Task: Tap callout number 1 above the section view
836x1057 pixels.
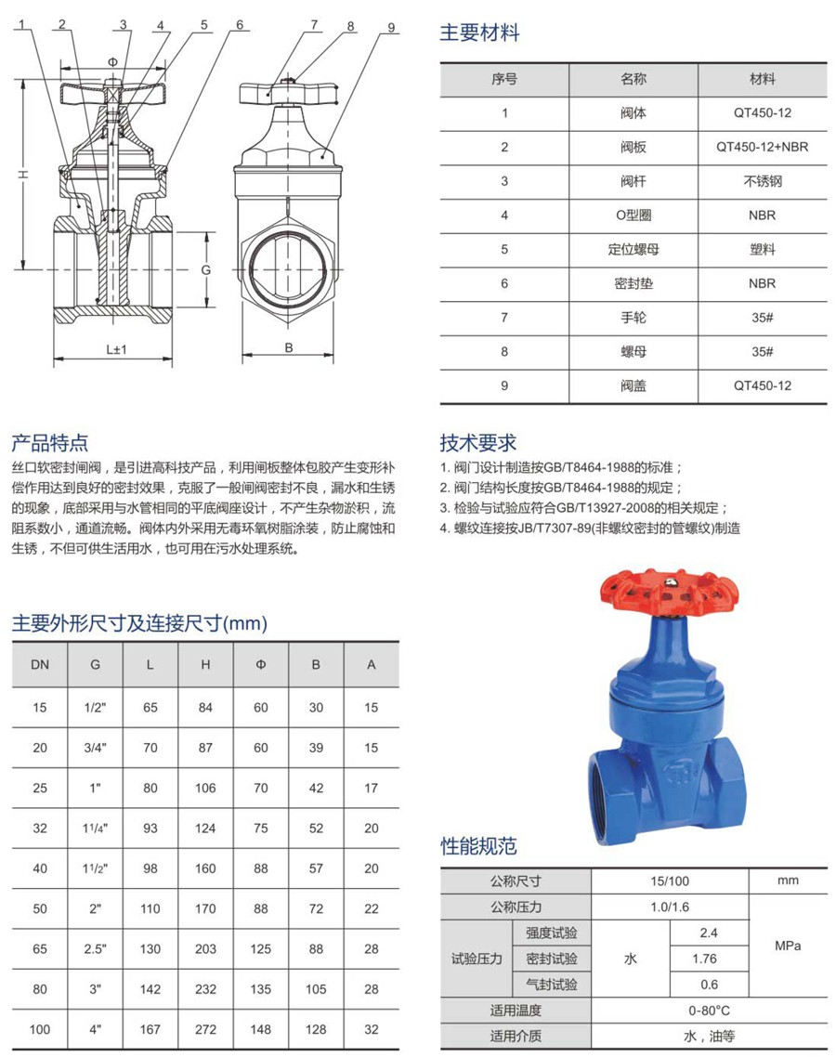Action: click(20, 25)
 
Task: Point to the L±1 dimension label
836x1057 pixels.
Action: click(115, 349)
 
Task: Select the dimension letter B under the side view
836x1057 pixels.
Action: click(289, 348)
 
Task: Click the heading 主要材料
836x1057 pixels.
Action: click(479, 33)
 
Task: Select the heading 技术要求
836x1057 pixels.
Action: click(477, 443)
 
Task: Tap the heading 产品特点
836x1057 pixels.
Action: click(50, 442)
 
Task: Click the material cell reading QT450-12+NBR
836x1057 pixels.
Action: click(762, 147)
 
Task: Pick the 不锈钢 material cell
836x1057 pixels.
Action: click(762, 181)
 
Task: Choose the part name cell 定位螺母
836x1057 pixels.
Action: click(633, 249)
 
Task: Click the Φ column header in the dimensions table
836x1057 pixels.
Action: click(261, 664)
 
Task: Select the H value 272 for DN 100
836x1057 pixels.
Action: click(206, 1029)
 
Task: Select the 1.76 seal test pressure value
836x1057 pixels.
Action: click(708, 959)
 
